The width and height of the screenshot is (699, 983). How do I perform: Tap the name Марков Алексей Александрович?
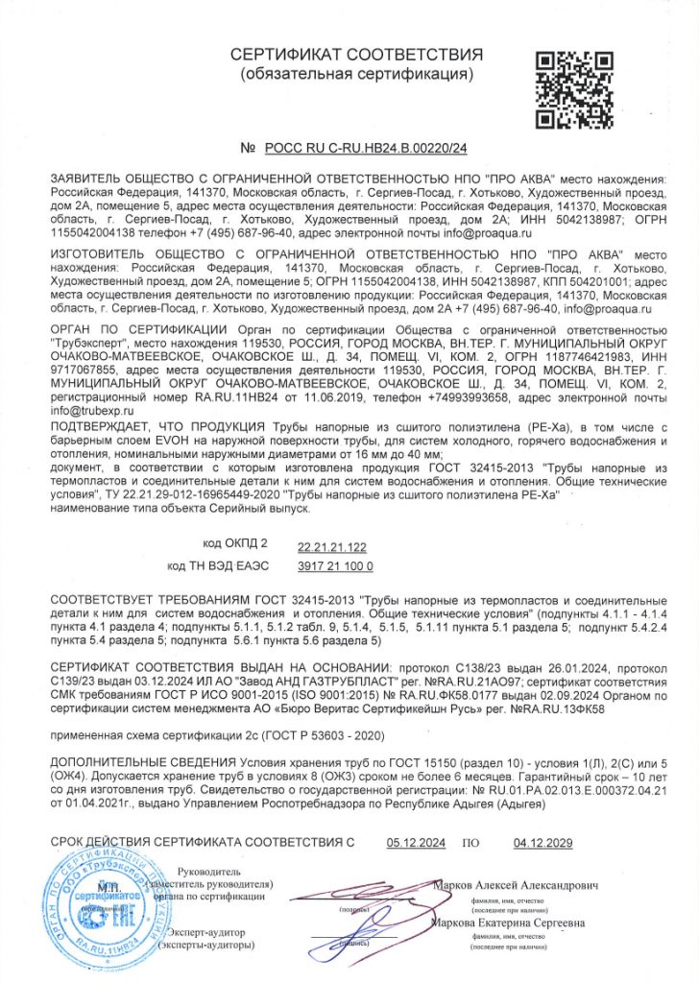(518, 882)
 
